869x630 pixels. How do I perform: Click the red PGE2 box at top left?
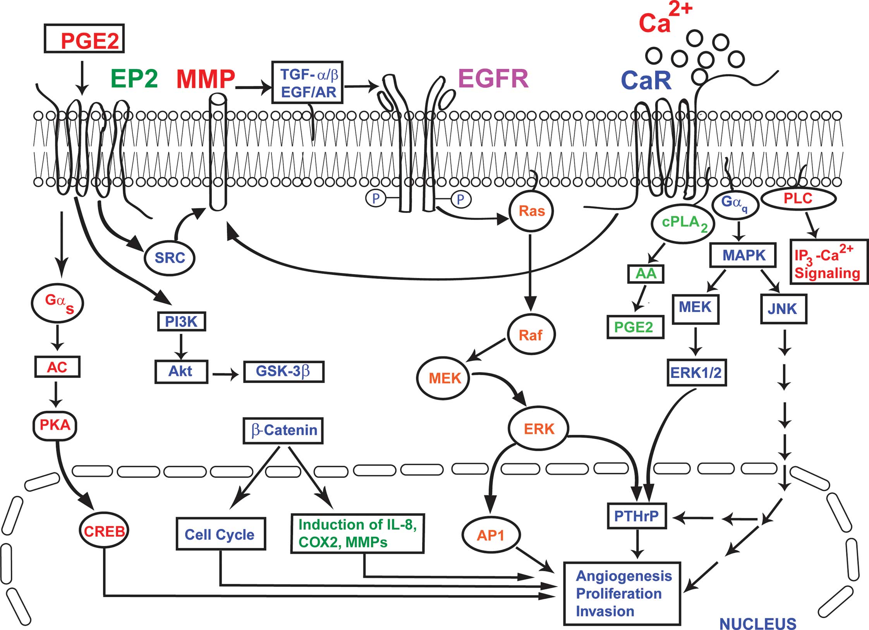click(x=84, y=39)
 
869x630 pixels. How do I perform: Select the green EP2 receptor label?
click(x=134, y=79)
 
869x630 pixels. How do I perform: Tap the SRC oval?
click(x=170, y=258)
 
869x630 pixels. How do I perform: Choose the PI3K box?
click(x=181, y=322)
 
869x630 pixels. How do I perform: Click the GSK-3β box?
click(x=283, y=371)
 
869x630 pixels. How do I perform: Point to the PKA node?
click(x=55, y=425)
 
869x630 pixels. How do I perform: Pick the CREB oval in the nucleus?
click(x=104, y=531)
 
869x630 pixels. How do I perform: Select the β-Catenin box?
click(x=283, y=430)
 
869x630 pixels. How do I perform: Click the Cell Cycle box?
click(x=220, y=534)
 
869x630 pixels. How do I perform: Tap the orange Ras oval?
click(x=531, y=211)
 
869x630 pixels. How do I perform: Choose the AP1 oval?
click(x=491, y=536)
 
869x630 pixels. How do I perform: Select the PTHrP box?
click(x=637, y=516)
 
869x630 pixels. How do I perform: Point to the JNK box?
click(x=783, y=309)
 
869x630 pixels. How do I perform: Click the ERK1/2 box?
click(x=696, y=373)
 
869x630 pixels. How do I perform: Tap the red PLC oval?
click(x=798, y=199)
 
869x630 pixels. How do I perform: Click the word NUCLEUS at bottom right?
click(x=757, y=623)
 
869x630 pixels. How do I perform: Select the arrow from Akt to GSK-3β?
click(x=226, y=375)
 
